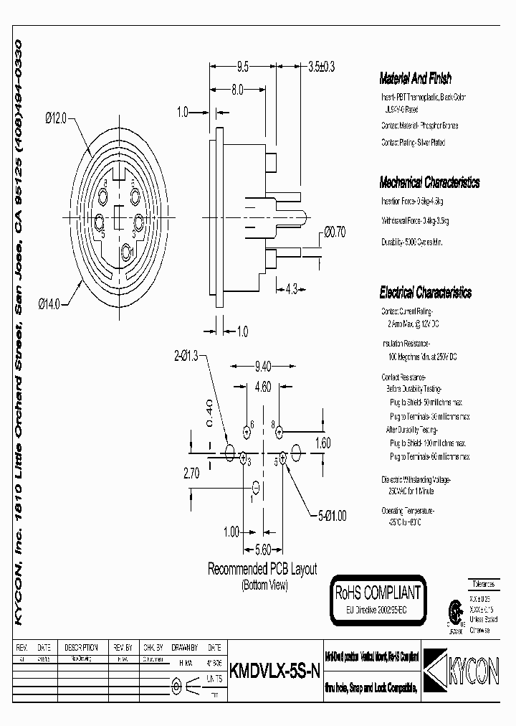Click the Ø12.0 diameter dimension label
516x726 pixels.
[54, 120]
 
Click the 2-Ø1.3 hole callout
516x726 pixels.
[188, 355]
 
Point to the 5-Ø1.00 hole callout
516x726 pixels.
[332, 514]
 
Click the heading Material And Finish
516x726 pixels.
[416, 80]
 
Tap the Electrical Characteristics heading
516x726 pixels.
[426, 293]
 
